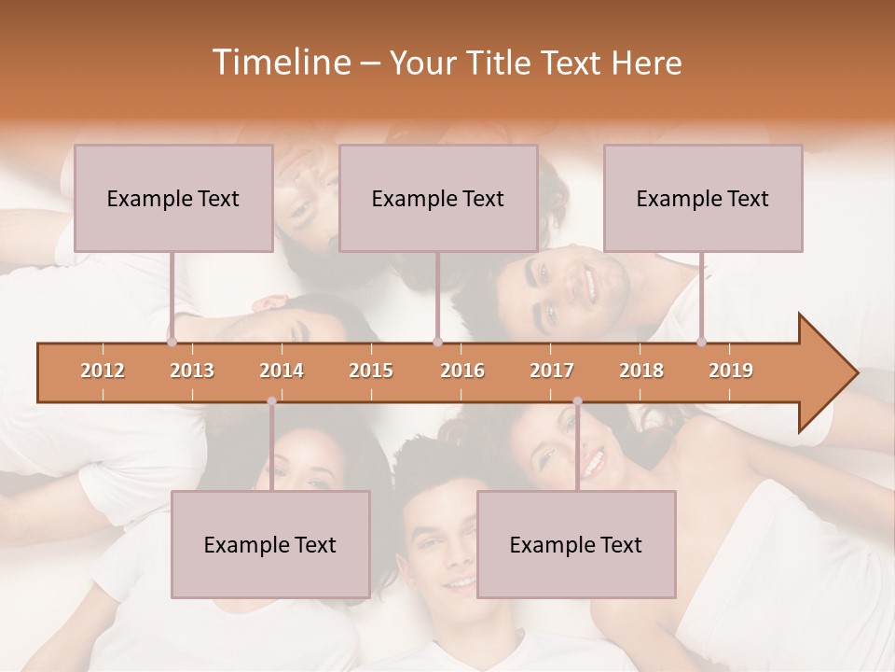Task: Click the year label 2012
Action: (x=103, y=371)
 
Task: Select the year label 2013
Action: (x=192, y=371)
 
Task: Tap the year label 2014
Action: (x=282, y=371)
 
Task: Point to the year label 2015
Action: (x=371, y=371)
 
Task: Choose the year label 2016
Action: (x=462, y=371)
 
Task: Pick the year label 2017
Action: (x=552, y=371)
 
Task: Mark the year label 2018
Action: (x=641, y=371)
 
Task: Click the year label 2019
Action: (x=731, y=371)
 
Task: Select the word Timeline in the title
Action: (x=280, y=63)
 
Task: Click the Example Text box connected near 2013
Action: (x=173, y=198)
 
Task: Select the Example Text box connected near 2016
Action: (x=438, y=198)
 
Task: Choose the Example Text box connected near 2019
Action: (x=703, y=198)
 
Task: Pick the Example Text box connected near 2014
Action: (x=270, y=544)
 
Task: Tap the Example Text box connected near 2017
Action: (x=576, y=544)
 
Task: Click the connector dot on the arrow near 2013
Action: (x=172, y=342)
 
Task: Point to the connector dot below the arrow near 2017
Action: (x=577, y=402)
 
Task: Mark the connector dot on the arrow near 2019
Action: (x=701, y=342)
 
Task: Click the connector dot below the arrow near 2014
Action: (x=271, y=402)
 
